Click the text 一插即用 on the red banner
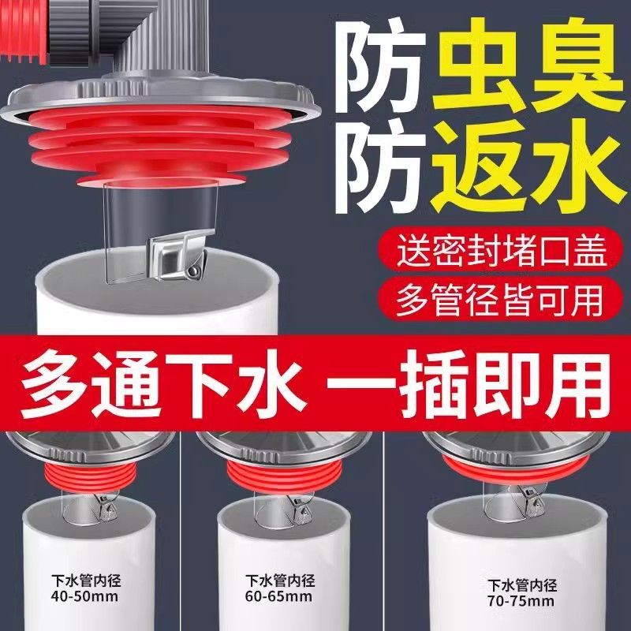(469, 385)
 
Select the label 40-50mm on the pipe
(85, 596)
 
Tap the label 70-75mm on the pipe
(521, 601)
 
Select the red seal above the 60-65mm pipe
(285, 477)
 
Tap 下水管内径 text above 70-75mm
(522, 585)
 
